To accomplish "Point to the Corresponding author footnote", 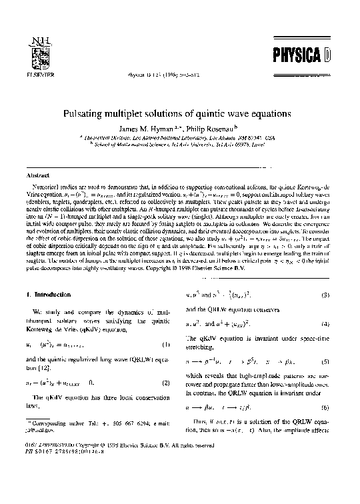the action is click(x=93, y=459).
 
